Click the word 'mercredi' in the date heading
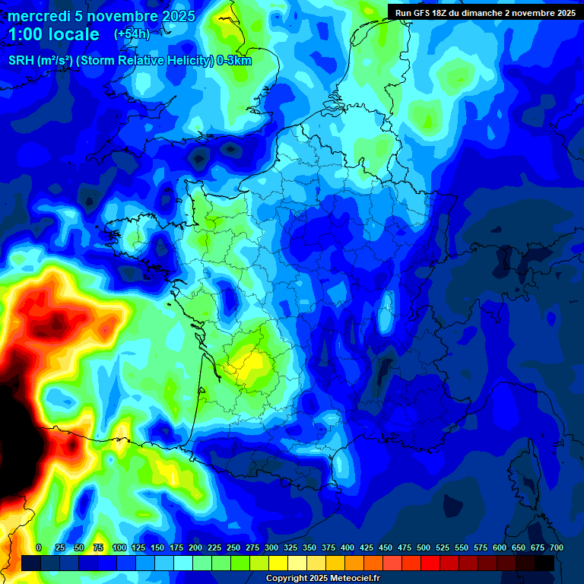(39, 16)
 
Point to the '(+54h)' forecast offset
(132, 34)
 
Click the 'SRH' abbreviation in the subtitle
(21, 61)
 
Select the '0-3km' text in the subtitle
(234, 61)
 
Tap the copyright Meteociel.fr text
(322, 579)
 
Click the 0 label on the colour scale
(39, 547)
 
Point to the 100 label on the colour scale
(119, 547)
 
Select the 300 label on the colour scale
(271, 547)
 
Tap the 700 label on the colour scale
(557, 547)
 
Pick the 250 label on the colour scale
(233, 547)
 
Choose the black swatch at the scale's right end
(544, 563)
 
